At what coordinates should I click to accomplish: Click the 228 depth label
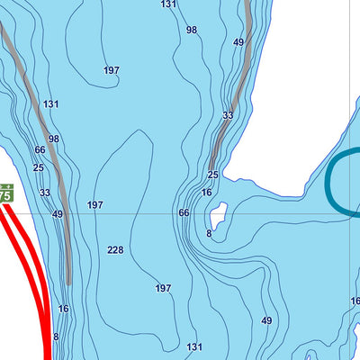click(x=115, y=250)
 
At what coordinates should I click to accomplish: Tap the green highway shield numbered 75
click(x=4, y=194)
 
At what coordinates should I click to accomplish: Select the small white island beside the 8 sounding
click(x=216, y=215)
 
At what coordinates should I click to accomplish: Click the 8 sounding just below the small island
click(x=209, y=233)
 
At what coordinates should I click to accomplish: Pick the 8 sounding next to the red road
click(x=56, y=337)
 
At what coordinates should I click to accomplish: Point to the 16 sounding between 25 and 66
click(x=206, y=193)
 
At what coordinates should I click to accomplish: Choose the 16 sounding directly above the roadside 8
click(x=63, y=309)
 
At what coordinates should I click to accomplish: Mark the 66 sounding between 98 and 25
click(x=40, y=150)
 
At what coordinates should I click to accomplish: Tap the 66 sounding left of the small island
click(x=184, y=212)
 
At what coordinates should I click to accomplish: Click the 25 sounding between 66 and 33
click(x=38, y=167)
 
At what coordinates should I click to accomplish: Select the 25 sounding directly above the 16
click(x=212, y=175)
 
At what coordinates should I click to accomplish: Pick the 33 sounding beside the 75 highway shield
click(x=45, y=193)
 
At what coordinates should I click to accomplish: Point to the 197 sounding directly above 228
click(x=95, y=205)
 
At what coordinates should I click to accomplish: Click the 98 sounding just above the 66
click(x=54, y=139)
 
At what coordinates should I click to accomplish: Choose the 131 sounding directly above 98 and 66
click(x=51, y=104)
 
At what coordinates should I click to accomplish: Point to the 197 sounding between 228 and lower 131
click(x=163, y=288)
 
